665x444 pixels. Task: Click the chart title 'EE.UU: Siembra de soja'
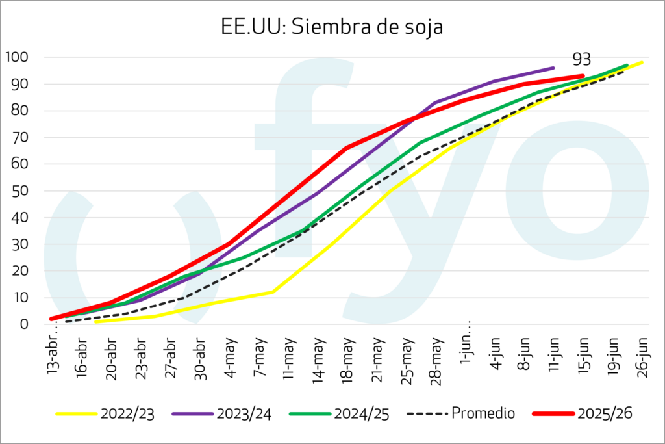[332, 28]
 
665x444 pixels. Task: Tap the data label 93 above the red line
[582, 59]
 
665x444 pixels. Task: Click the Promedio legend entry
[460, 413]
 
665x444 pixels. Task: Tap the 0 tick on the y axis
[24, 324]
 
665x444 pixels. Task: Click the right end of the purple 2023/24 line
[553, 68]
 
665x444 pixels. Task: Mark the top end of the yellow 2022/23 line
[642, 62]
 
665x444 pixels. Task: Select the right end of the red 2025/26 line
[583, 76]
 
